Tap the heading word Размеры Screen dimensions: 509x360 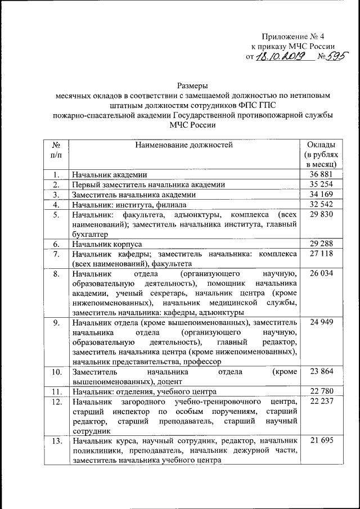192,86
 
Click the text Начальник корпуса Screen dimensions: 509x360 106,245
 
